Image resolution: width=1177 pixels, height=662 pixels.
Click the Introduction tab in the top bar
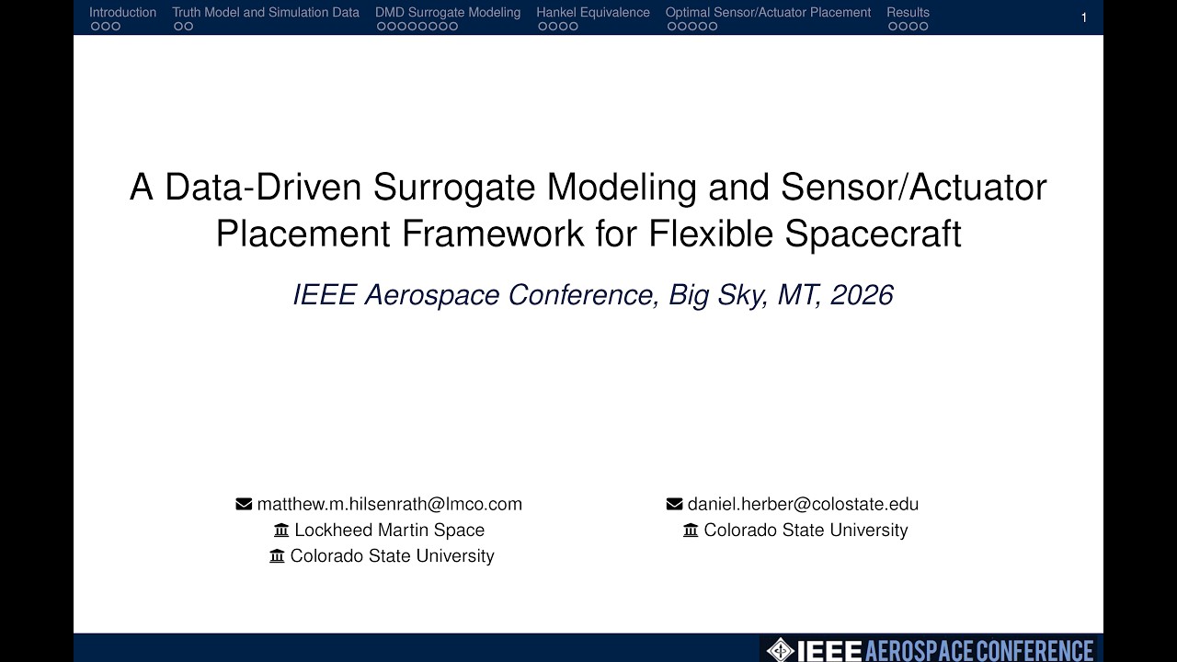point(122,13)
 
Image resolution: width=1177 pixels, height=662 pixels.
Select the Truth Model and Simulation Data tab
point(266,13)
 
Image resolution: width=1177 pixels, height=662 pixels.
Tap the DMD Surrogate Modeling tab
point(448,13)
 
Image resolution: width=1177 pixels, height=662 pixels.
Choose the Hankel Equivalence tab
point(593,13)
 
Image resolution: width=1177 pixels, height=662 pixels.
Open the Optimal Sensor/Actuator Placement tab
point(768,13)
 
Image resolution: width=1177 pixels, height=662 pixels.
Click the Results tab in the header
point(908,13)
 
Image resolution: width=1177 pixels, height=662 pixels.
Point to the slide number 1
point(1084,17)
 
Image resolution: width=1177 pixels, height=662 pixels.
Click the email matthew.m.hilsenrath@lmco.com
point(390,504)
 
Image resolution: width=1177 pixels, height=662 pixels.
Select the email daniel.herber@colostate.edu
point(803,504)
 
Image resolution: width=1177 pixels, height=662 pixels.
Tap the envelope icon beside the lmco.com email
point(244,504)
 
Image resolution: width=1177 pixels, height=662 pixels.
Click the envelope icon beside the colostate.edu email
point(674,504)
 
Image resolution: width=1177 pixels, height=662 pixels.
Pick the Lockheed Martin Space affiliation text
point(389,530)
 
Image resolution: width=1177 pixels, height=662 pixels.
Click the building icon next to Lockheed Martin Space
point(281,530)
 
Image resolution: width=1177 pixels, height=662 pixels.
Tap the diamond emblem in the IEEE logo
point(780,650)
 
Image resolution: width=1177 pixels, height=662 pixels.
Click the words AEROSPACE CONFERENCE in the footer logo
point(979,650)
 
